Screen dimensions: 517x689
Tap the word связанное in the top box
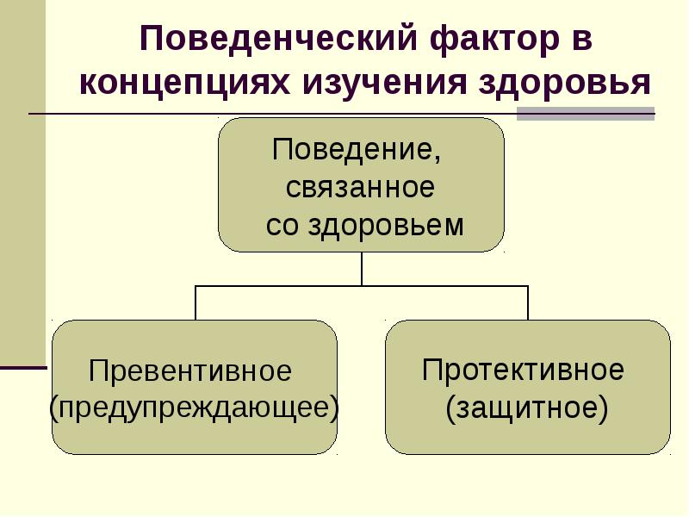pyautogui.click(x=360, y=187)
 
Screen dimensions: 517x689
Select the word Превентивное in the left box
pyautogui.click(x=191, y=371)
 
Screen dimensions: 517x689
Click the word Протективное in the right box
pyautogui.click(x=523, y=371)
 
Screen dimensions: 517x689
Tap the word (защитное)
pyautogui.click(x=526, y=407)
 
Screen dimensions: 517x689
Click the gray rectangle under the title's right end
pyautogui.click(x=585, y=114)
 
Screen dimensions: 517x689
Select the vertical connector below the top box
pyautogui.click(x=362, y=268)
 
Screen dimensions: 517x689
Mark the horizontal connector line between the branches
pyautogui.click(x=362, y=285)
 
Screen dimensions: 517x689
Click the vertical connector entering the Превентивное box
pyautogui.click(x=196, y=302)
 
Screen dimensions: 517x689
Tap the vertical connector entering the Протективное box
pyautogui.click(x=527, y=302)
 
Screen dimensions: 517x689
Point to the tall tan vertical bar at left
pyautogui.click(x=22, y=181)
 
